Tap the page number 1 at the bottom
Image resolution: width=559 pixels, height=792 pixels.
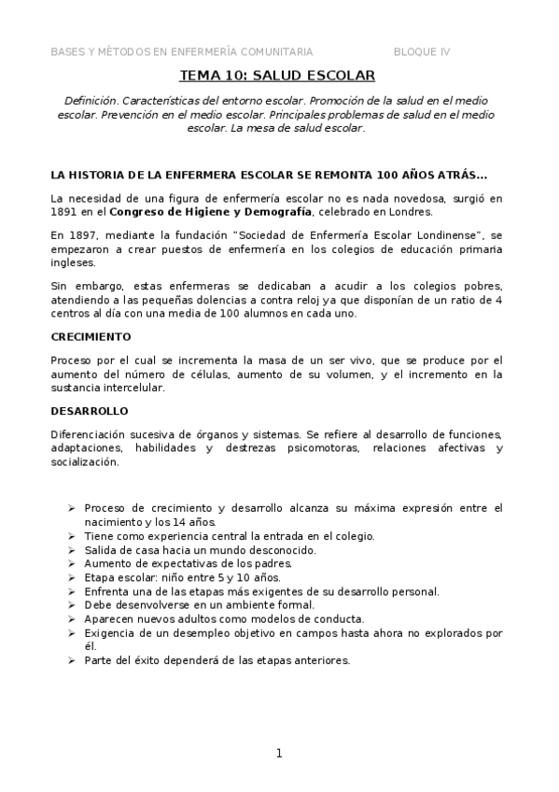point(278,753)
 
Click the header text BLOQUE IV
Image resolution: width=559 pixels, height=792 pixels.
point(422,51)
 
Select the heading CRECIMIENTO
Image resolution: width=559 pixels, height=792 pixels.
point(91,335)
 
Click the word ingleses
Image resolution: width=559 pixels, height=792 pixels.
point(73,263)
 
